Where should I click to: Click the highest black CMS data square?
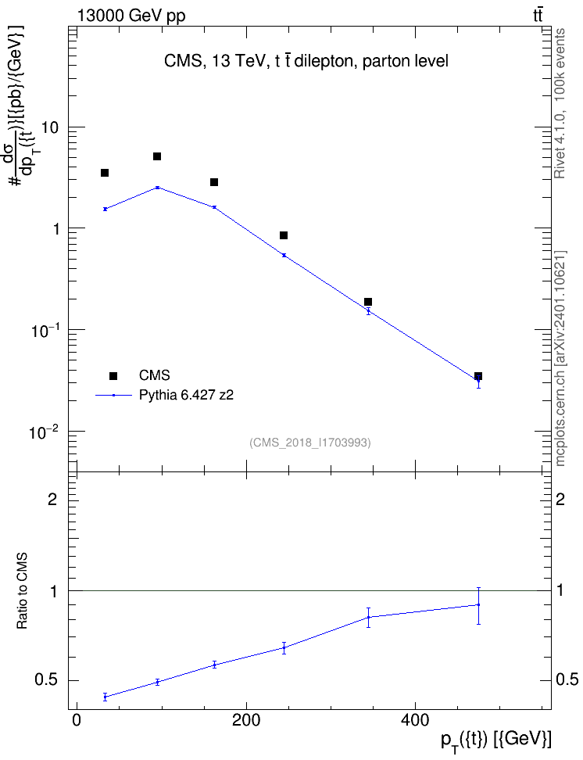tap(157, 156)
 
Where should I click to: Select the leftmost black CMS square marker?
tap(105, 173)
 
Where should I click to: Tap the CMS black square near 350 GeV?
tap(368, 302)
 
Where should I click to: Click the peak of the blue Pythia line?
tap(158, 187)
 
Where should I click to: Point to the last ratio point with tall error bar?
tap(478, 605)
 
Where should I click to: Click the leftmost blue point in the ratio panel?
tap(105, 697)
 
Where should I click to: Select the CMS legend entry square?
tap(113, 375)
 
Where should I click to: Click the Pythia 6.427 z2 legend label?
tap(186, 395)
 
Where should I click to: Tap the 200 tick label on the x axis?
tap(246, 720)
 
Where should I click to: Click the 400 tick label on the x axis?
tap(415, 720)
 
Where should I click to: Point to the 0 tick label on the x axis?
tap(77, 720)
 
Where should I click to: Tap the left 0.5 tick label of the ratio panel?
tap(45, 680)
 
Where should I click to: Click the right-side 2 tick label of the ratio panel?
tap(560, 499)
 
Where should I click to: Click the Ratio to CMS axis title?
tap(22, 591)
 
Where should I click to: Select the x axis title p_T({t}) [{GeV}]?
tap(495, 741)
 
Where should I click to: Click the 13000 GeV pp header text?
tap(131, 16)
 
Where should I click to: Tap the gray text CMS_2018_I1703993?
tap(310, 443)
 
